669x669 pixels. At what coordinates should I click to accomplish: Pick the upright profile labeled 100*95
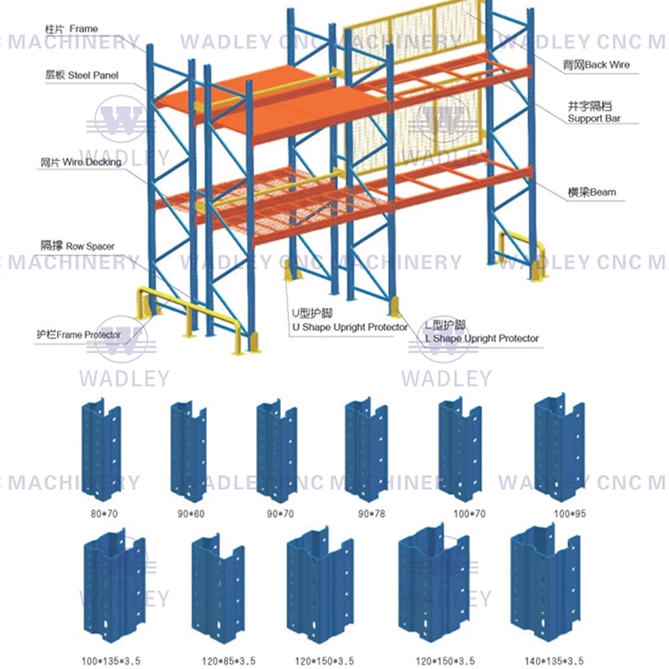pyautogui.click(x=559, y=449)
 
